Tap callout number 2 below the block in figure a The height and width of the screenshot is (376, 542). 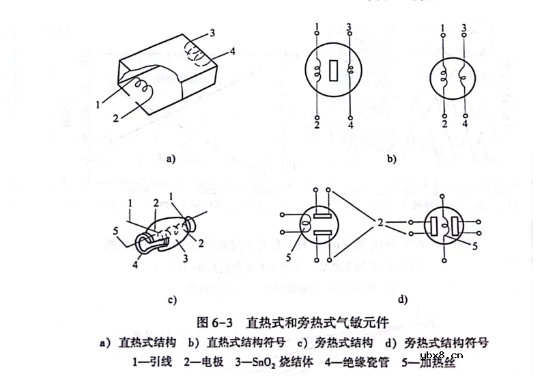click(x=117, y=118)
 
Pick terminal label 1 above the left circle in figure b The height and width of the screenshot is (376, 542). click(x=318, y=27)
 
